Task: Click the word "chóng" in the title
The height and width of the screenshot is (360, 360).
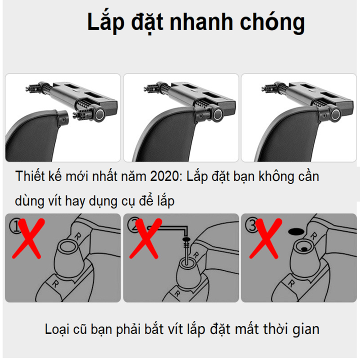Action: [272, 22]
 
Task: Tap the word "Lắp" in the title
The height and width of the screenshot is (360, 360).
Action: [106, 22]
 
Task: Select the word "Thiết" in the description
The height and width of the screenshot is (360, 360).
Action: [30, 176]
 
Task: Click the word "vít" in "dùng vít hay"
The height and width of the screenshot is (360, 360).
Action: [55, 201]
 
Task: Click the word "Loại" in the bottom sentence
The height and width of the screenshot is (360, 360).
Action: [57, 329]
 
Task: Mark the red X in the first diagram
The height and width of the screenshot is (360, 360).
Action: [28, 238]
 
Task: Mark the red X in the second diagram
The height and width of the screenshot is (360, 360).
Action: [145, 238]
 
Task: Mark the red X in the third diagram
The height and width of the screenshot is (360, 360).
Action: [265, 238]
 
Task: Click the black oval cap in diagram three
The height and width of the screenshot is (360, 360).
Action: [296, 231]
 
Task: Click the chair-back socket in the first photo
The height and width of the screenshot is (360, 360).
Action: [62, 117]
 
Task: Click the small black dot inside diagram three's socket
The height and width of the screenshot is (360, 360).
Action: [304, 249]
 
